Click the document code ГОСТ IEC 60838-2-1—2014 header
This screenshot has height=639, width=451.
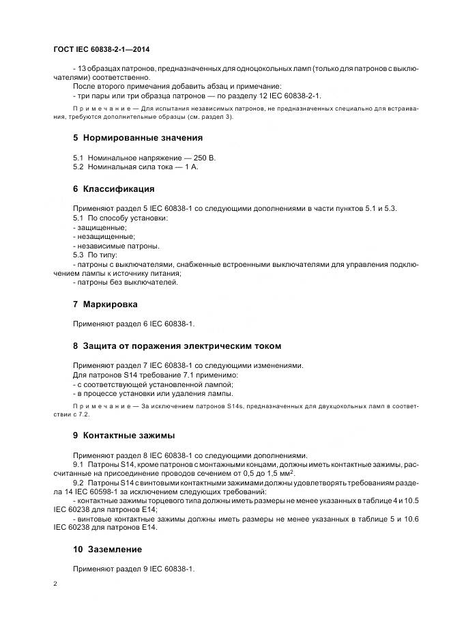(x=102, y=49)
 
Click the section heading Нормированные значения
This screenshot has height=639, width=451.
(x=133, y=137)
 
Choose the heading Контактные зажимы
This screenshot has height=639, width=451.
(x=128, y=435)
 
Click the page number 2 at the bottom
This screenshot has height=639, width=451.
(x=55, y=584)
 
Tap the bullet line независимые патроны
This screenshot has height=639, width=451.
(x=117, y=246)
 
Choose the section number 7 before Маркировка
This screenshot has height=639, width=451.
(x=76, y=304)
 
